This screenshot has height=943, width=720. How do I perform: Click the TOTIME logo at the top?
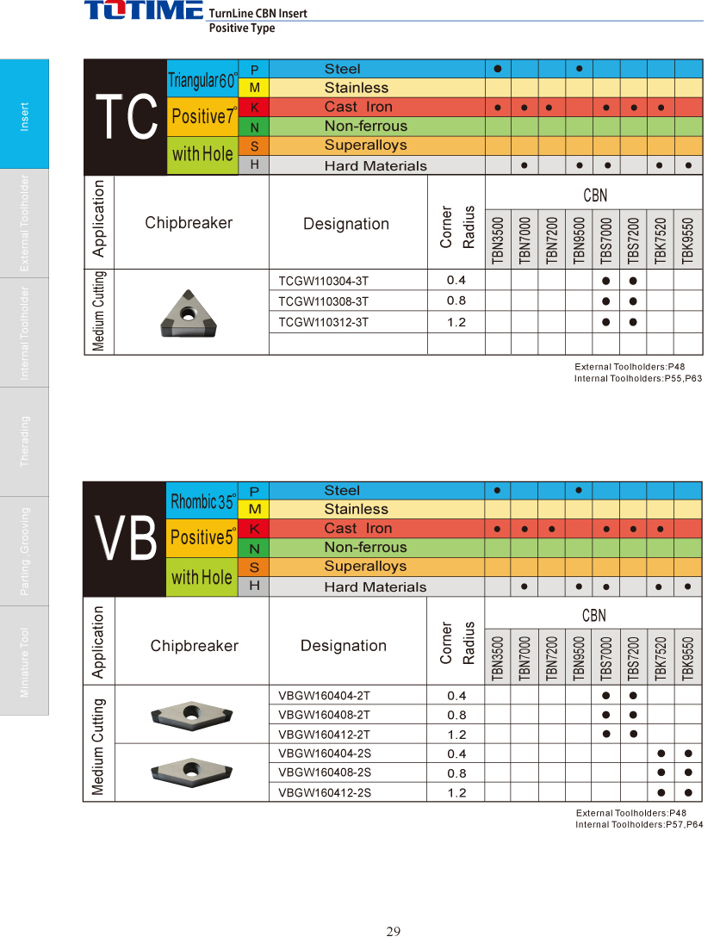coord(144,11)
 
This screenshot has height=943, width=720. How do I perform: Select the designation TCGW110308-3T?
coord(324,301)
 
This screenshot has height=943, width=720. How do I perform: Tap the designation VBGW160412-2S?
coord(325,792)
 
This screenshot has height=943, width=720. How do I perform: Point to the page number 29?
coord(394,931)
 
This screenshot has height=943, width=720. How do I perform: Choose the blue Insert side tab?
coord(25,114)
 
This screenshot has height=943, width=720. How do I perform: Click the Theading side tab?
coord(25,442)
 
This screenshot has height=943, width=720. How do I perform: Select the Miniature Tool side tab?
coord(25,661)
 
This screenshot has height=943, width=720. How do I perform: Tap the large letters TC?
coord(126,118)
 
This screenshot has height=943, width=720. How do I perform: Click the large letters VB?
coord(126,539)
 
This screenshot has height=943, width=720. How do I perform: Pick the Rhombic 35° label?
coord(202,501)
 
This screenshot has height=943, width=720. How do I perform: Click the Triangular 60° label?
coord(202,80)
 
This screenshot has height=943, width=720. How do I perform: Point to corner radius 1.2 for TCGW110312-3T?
coord(456,322)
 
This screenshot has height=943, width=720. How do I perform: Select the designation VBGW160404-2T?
coord(325,695)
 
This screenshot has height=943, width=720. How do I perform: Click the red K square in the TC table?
coord(254,108)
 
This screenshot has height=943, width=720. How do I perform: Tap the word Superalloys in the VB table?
coord(365,567)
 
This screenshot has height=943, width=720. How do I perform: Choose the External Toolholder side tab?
coord(25,223)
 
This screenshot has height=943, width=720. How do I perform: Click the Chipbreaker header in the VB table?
coord(194,646)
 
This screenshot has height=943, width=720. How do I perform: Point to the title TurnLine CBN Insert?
coord(258,14)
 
